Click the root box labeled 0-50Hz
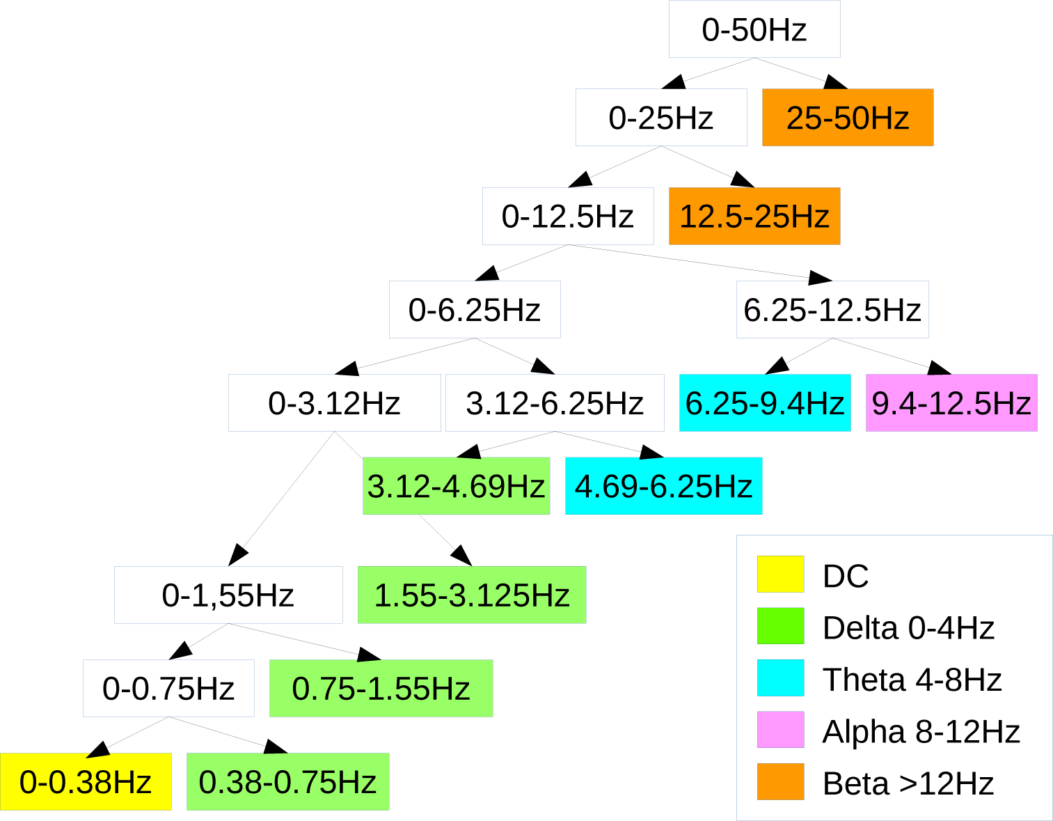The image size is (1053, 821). pos(754,29)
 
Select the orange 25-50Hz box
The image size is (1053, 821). pos(848,118)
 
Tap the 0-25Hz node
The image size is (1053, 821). pos(661,118)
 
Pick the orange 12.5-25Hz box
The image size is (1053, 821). pos(754,217)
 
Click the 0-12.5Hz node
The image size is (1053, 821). pos(568,217)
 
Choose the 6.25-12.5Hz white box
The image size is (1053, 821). pos(832,310)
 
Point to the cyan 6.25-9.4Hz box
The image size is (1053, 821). pos(765,403)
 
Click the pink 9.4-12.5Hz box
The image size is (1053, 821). pos(951,403)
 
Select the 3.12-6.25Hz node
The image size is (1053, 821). pos(555,403)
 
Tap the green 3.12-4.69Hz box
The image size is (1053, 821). pos(456,486)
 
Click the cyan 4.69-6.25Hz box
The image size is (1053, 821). pos(663,486)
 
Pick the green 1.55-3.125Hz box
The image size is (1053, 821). pos(472,595)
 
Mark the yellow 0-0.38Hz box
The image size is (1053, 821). pos(86,782)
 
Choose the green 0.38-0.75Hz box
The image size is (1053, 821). pos(287,782)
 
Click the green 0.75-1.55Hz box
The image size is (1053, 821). pos(381,689)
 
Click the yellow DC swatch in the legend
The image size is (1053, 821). pos(780,574)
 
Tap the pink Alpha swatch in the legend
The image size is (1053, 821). pos(780,730)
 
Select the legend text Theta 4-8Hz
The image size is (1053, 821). pos(912,680)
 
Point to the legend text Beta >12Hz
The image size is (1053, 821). pos(908,783)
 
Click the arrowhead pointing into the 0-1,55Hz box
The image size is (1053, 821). pos(238,555)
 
